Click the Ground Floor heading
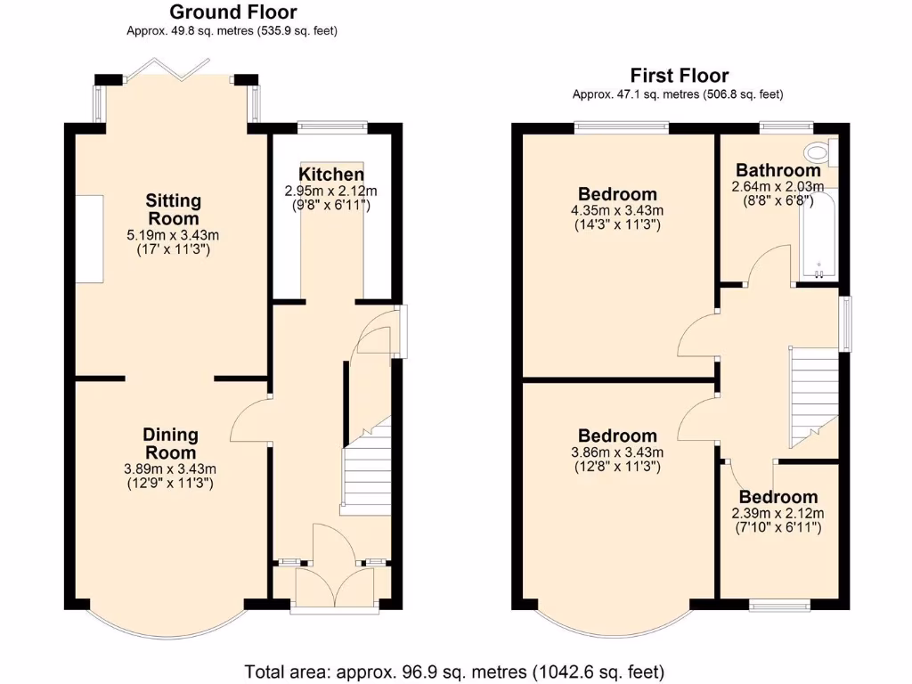[232, 12]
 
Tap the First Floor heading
[679, 76]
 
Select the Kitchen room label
[331, 175]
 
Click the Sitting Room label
[174, 209]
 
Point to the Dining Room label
[171, 444]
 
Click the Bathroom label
[778, 170]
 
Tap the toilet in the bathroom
[818, 152]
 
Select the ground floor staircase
[366, 469]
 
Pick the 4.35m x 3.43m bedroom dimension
[617, 210]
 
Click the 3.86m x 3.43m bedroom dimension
[617, 452]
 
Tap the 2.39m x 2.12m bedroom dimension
[778, 513]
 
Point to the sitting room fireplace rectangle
[88, 239]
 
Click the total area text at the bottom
[455, 671]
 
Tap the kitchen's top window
[331, 126]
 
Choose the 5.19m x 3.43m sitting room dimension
[173, 235]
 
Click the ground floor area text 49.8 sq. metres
[232, 31]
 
